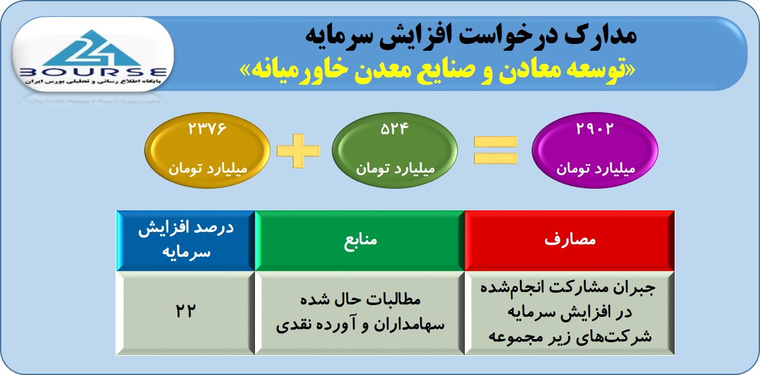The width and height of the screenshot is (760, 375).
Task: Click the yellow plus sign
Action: pyautogui.click(x=298, y=150)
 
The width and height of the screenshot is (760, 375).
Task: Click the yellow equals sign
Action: pyautogui.click(x=496, y=150)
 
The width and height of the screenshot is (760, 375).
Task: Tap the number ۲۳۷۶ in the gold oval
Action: pyautogui.click(x=207, y=129)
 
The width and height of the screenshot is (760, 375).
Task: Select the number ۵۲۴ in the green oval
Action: pyautogui.click(x=395, y=129)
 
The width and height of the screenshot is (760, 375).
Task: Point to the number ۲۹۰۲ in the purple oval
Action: pyautogui.click(x=595, y=129)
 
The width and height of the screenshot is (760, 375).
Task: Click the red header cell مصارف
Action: pyautogui.click(x=569, y=241)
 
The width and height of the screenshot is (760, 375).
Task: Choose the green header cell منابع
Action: pyautogui.click(x=360, y=241)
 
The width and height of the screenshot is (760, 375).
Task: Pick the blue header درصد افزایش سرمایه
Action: pyautogui.click(x=186, y=241)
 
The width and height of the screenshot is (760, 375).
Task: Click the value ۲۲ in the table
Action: pyautogui.click(x=186, y=311)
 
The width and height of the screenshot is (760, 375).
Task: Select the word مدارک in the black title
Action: pyautogui.click(x=600, y=37)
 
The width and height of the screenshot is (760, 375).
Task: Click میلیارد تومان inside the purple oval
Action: pyautogui.click(x=595, y=169)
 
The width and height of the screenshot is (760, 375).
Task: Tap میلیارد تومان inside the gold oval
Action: pyautogui.click(x=208, y=169)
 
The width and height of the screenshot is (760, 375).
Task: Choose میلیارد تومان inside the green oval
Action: pyautogui.click(x=395, y=169)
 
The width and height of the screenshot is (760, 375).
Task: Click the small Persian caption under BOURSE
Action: pyautogui.click(x=93, y=82)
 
